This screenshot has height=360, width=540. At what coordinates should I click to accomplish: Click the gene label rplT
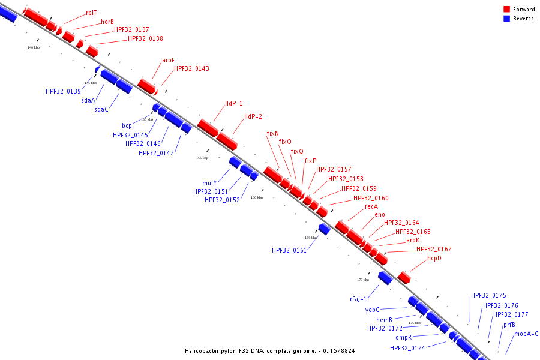pos(91,12)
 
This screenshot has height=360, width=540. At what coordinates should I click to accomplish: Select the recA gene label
pos(371,206)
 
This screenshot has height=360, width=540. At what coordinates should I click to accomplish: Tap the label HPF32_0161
pos(289,250)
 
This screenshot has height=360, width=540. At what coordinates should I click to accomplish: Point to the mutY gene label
pos(209,182)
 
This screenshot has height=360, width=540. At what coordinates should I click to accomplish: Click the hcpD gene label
pos(434,258)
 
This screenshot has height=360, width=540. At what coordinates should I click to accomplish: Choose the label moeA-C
pos(526,334)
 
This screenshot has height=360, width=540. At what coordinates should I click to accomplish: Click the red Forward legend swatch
pos(506,10)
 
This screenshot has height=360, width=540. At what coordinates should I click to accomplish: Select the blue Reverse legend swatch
pos(506,19)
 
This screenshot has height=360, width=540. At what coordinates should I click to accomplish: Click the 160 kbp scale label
pos(257,197)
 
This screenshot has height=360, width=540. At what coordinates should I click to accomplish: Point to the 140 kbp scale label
pos(34,47)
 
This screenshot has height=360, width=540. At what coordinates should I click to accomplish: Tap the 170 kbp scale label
pos(363,280)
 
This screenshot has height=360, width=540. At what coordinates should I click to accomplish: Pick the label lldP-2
pos(253,116)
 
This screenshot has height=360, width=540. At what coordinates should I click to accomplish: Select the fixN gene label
pos(273,133)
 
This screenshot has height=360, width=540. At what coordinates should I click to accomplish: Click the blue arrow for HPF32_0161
pos(325,229)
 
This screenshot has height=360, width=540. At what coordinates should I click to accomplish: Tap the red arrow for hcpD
pos(404,277)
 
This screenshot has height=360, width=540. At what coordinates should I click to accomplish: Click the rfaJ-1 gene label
pos(358,298)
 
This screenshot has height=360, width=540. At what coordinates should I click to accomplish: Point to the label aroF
pos(168,60)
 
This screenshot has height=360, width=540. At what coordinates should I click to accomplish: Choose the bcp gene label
pos(127,126)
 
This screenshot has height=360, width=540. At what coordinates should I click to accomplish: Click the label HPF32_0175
pos(488,295)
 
